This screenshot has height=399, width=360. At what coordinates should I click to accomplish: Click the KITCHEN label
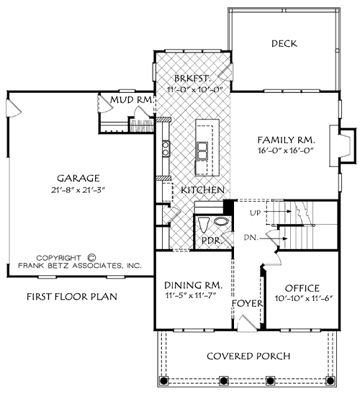201,189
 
